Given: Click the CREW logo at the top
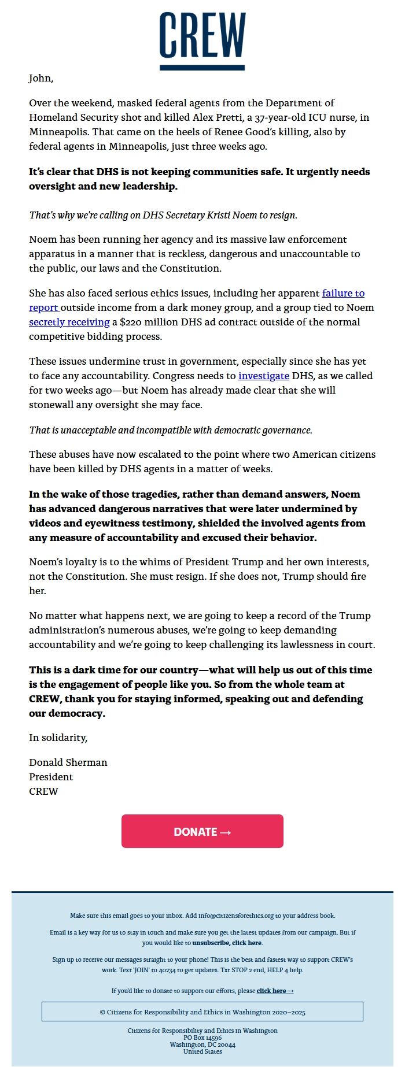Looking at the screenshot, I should point(203,40).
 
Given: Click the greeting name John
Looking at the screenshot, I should point(41,78).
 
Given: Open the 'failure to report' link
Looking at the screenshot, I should point(343,293).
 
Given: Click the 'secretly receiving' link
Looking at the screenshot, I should point(69,322).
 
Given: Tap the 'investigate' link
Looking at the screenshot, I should point(264,376).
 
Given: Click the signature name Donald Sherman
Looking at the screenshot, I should point(68,762).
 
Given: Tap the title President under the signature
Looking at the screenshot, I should point(51,777).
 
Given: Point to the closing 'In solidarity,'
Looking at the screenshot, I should point(58,738).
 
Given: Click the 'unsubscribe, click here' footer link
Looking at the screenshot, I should point(227,943).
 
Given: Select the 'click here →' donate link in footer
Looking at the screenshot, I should point(275,991).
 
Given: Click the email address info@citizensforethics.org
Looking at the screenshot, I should point(236,916).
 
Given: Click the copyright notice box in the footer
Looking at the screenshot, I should point(203,1012).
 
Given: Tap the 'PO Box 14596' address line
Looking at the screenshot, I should point(203,1038).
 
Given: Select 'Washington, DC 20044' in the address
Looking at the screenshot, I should point(203,1045).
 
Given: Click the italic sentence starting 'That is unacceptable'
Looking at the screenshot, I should point(171,430).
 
